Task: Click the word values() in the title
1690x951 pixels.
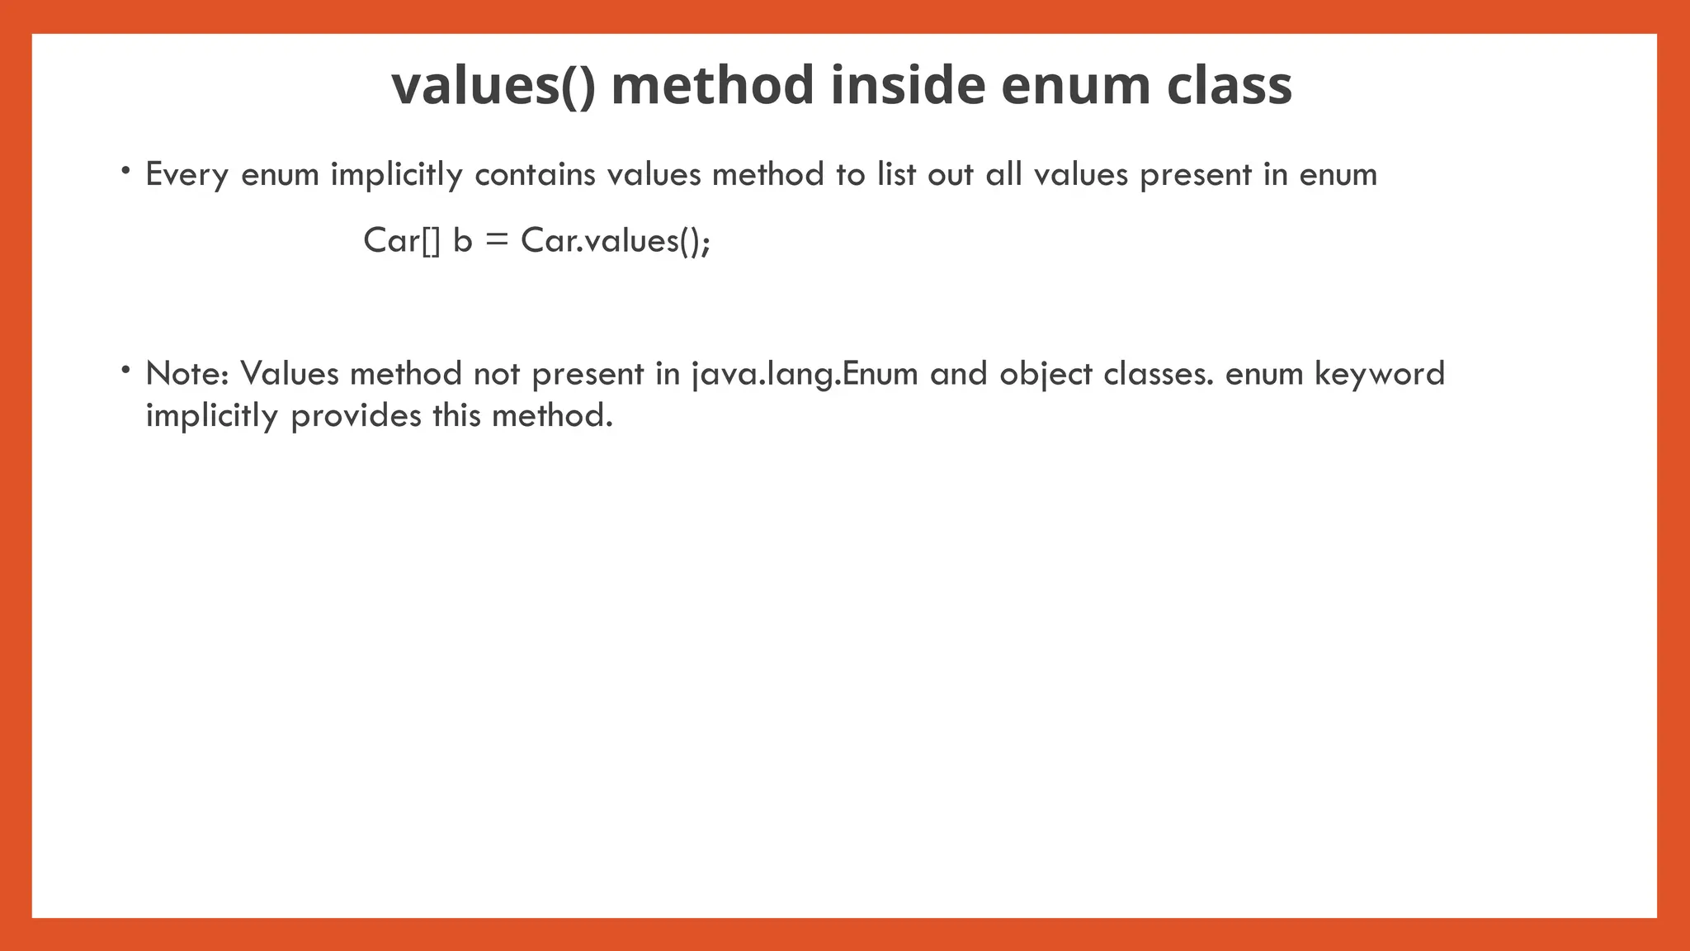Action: click(x=493, y=86)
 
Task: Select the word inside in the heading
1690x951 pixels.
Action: click(x=908, y=86)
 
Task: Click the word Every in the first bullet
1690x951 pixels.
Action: click(x=186, y=175)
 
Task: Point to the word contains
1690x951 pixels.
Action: click(x=535, y=175)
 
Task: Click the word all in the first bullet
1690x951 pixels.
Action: click(x=1003, y=175)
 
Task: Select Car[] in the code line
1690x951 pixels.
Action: click(x=402, y=241)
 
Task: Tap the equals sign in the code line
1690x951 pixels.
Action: click(x=497, y=241)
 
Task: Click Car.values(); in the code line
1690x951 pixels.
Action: click(x=616, y=241)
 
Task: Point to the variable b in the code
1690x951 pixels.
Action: click(x=462, y=241)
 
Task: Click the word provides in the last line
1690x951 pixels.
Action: click(x=356, y=415)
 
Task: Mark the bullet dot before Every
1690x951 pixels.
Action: click(x=125, y=171)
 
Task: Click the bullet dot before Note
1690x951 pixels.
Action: click(x=125, y=370)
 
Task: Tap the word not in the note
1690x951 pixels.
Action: click(x=496, y=374)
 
